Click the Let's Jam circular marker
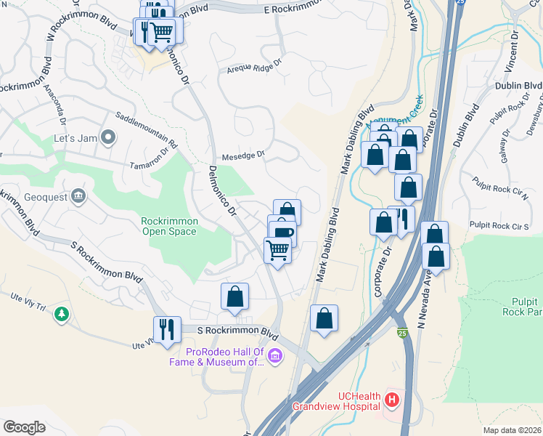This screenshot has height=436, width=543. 108,137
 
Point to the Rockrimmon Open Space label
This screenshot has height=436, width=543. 168,226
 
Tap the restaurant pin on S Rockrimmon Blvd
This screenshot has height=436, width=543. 167,329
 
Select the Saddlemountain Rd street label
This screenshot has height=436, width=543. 147,129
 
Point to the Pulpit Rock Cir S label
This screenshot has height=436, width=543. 501,226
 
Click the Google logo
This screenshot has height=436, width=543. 24,427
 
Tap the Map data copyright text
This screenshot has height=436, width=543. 513,430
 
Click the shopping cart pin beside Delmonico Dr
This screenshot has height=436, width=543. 278,251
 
